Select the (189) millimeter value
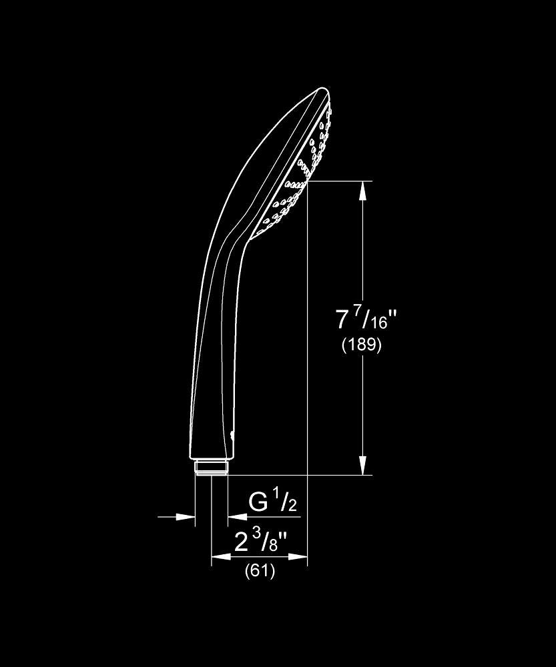point(362,345)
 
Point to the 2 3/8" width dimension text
point(261,542)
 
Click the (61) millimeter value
point(260,570)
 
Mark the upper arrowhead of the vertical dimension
point(362,191)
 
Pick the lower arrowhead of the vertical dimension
point(362,466)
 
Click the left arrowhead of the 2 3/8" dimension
point(221,556)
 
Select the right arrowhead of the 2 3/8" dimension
point(298,556)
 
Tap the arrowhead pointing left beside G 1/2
point(237,517)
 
